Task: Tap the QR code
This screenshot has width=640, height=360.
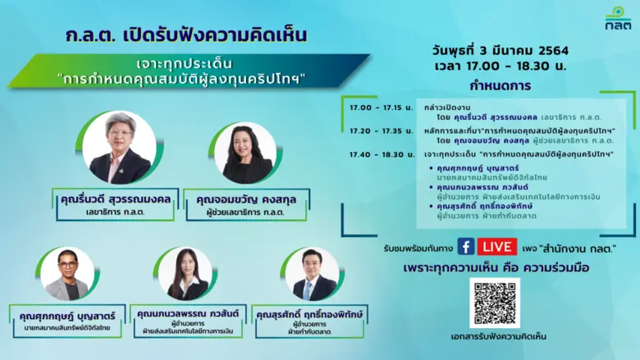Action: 494,303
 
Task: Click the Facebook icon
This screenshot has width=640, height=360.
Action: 466,247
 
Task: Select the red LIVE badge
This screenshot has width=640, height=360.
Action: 497,247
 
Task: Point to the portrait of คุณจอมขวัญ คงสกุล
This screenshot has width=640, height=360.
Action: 245,153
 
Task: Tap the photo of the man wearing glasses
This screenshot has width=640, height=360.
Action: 67,274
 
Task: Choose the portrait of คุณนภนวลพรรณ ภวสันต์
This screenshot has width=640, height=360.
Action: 185,274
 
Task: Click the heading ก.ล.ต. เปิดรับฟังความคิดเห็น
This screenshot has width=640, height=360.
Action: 186,35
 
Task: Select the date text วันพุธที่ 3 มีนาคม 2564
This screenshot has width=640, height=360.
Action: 500,51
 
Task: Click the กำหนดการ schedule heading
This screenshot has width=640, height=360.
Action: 500,85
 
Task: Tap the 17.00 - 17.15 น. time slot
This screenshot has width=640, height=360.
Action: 371,107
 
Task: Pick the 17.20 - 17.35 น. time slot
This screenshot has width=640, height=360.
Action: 371,130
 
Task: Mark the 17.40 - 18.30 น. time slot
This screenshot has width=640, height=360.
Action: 371,154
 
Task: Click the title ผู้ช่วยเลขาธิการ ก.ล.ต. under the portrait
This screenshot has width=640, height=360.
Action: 245,214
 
